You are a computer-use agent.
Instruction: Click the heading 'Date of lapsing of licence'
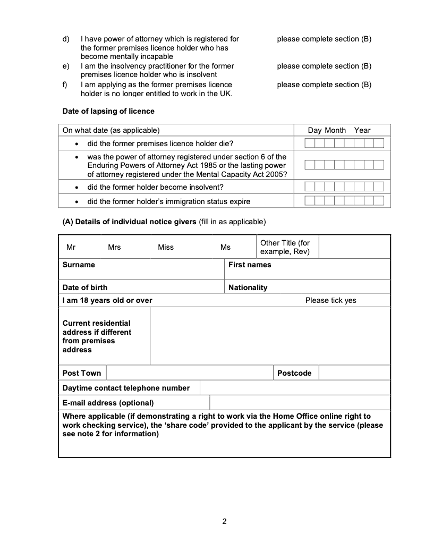[108, 111]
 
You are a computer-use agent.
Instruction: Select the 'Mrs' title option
[114, 247]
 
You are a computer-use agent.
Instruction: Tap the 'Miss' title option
[166, 247]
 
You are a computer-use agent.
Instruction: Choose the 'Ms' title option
[226, 247]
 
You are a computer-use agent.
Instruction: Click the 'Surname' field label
[79, 265]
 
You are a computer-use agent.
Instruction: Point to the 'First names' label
[250, 265]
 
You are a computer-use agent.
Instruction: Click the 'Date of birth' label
[85, 287]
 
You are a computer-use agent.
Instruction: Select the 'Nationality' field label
[248, 287]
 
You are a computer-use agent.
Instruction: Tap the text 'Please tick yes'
[330, 300]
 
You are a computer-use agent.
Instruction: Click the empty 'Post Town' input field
[189, 373]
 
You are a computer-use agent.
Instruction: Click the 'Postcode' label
[294, 373]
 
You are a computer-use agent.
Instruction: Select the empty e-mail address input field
[300, 403]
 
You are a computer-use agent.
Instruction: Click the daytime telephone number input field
[295, 388]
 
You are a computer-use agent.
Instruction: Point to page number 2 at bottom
[224, 521]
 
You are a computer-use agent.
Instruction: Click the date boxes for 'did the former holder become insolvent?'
[344, 187]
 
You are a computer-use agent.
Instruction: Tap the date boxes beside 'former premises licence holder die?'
[344, 143]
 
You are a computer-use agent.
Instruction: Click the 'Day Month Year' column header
[339, 130]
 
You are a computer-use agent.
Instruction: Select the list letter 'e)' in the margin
[66, 66]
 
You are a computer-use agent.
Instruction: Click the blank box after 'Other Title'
[354, 247]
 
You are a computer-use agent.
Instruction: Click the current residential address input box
[270, 336]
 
